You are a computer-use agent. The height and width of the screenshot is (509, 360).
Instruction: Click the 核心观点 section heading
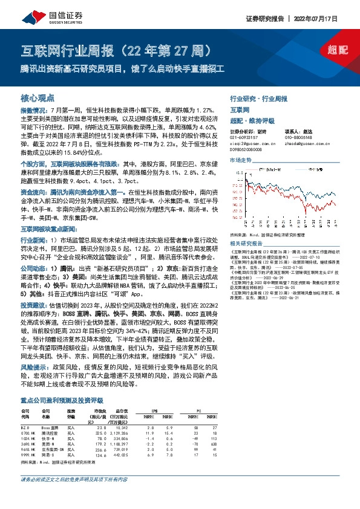pyautogui.click(x=38, y=97)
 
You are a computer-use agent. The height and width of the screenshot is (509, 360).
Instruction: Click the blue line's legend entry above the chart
pyautogui.click(x=249, y=168)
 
